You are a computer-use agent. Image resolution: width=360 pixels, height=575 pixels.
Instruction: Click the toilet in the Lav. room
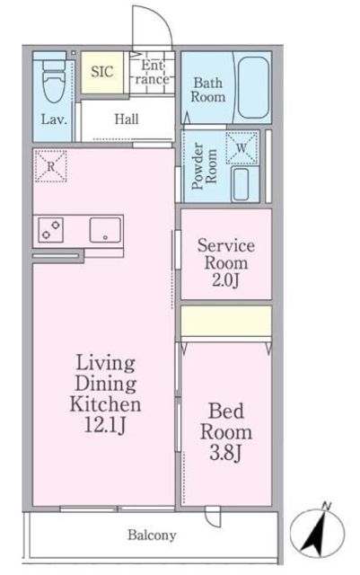click(x=54, y=82)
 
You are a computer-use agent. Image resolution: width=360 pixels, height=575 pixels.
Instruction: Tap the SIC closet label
click(x=102, y=72)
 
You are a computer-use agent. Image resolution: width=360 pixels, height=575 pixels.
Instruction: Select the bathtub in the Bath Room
click(x=253, y=87)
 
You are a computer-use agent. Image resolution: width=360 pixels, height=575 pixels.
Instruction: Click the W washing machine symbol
click(x=241, y=147)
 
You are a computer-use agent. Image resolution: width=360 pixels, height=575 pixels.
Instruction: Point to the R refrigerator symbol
click(x=50, y=166)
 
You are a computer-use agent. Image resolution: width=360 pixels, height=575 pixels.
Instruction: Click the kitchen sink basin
click(x=105, y=230)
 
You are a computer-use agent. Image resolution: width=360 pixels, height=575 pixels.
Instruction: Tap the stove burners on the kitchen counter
click(x=50, y=230)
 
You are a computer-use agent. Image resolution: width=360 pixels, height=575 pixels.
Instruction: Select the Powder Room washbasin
click(x=241, y=184)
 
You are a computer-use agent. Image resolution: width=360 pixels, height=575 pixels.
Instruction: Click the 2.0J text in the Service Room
click(x=225, y=281)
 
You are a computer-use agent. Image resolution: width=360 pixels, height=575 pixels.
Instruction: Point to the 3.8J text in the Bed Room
click(x=225, y=453)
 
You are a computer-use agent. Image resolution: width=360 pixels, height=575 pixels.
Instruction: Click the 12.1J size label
click(x=106, y=425)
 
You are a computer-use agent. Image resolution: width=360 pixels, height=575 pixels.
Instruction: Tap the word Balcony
click(x=152, y=535)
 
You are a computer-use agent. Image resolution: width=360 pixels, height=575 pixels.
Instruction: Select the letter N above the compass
click(x=326, y=507)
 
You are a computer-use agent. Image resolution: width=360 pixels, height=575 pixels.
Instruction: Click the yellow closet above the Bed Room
click(x=226, y=321)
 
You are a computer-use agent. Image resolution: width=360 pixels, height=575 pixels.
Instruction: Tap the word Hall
click(x=127, y=119)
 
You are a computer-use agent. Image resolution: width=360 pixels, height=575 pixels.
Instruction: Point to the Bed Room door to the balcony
click(x=213, y=516)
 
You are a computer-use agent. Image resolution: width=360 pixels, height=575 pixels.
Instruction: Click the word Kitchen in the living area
click(x=106, y=404)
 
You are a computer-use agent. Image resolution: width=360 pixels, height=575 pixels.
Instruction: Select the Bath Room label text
click(x=208, y=90)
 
